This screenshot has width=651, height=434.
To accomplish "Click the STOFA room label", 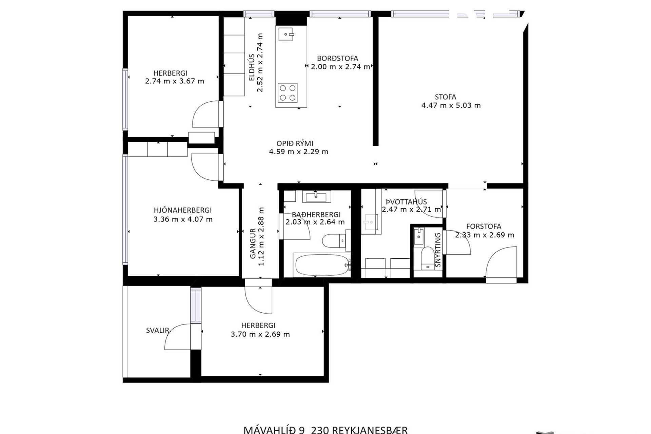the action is (445, 97).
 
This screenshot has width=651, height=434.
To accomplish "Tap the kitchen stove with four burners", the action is (288, 93).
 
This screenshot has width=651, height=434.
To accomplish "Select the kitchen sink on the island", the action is (286, 34).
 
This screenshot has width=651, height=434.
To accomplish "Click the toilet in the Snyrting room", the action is (427, 258).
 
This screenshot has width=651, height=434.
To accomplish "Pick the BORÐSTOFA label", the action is (337, 58).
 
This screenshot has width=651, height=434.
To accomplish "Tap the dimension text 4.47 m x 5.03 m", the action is (451, 105).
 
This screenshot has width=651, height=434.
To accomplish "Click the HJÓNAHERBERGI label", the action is (183, 210).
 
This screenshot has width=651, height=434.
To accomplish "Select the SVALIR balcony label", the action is (157, 330).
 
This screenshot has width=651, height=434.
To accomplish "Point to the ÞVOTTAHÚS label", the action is (406, 202).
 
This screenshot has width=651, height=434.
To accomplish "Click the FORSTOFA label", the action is (484, 226).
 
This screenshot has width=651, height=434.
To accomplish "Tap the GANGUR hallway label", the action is (253, 243).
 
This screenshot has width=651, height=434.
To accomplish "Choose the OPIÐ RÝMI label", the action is (294, 143).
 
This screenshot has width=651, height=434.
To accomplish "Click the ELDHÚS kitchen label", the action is (252, 67).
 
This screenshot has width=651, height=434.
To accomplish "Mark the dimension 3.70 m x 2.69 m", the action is (260, 334).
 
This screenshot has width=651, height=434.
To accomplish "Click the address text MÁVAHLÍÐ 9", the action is (274, 430).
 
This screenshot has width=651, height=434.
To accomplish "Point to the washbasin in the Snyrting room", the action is (419, 236).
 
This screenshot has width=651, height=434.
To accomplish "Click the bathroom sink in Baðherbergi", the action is (316, 197).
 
